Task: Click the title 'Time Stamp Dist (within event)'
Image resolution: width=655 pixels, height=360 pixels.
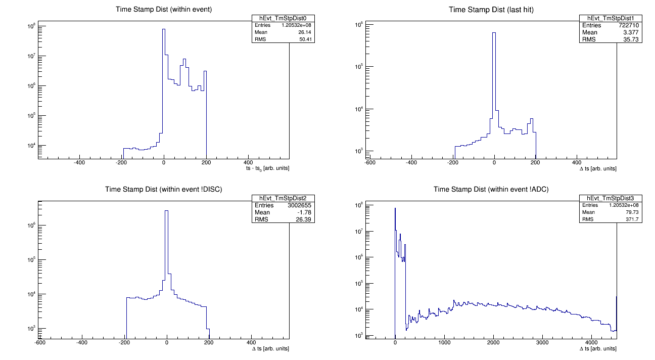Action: click(x=163, y=10)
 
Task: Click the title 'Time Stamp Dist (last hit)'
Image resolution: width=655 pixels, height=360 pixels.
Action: click(x=490, y=10)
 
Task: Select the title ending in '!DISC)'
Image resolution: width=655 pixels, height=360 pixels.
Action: click(x=163, y=190)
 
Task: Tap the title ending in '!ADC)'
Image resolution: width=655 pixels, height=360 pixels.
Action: click(x=490, y=190)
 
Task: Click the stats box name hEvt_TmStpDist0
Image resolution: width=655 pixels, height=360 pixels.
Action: click(x=283, y=18)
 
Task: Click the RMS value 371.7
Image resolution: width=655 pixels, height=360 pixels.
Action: click(x=634, y=219)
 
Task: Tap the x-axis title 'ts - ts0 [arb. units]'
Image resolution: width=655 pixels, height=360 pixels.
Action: click(x=267, y=168)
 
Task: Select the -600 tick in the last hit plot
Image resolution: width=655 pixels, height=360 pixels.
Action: click(x=370, y=163)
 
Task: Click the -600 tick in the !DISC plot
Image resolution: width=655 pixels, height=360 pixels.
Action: click(x=39, y=342)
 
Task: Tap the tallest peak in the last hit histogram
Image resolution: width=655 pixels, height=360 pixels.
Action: click(x=494, y=33)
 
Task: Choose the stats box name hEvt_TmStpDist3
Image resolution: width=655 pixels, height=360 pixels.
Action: click(x=611, y=198)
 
